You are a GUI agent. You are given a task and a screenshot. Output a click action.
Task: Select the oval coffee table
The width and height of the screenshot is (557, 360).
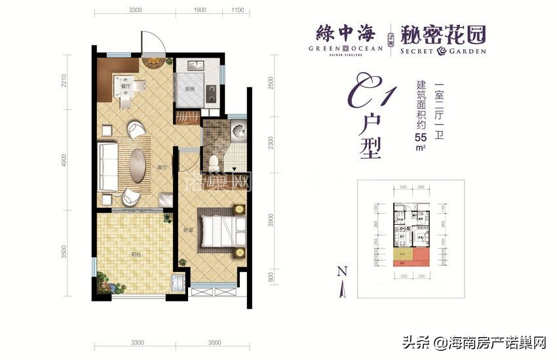[139, 164]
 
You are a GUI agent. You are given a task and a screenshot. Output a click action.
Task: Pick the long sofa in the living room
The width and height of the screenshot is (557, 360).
[107, 165]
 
